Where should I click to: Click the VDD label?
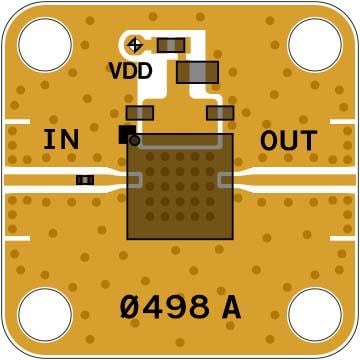(130, 71)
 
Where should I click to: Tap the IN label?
(61, 140)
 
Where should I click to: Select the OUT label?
(288, 141)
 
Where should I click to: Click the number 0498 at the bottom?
(165, 307)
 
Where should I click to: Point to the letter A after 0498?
(231, 307)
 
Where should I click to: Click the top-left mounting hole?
(44, 45)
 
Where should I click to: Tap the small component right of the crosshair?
(171, 44)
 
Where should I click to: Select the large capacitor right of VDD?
(197, 71)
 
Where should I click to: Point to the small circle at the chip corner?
(136, 140)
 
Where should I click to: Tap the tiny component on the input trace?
(86, 180)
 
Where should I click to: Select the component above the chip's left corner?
(140, 114)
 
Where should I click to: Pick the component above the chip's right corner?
(220, 114)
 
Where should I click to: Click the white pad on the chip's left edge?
(132, 179)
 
